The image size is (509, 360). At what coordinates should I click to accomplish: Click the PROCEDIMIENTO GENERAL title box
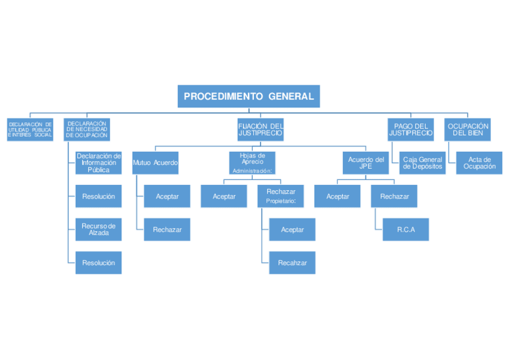(x=248, y=96)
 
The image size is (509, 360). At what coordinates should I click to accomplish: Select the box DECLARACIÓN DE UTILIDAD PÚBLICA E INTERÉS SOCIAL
(x=30, y=130)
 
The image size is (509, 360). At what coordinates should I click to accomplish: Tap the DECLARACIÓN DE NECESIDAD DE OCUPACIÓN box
(x=87, y=130)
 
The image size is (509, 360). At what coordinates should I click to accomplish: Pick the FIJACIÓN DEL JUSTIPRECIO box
(x=261, y=130)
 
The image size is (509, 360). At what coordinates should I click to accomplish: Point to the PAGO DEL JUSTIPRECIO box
(x=411, y=130)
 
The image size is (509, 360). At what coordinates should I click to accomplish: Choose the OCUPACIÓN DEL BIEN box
(x=468, y=130)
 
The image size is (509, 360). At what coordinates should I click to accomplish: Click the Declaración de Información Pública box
(x=98, y=163)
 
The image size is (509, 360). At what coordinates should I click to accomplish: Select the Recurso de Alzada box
(x=98, y=229)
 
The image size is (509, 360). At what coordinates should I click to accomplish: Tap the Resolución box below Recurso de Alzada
(x=98, y=263)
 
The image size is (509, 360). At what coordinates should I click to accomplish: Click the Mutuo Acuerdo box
(x=155, y=163)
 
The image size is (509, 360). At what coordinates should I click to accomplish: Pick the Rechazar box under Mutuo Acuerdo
(x=167, y=229)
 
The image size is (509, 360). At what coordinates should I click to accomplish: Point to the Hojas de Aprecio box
(x=252, y=163)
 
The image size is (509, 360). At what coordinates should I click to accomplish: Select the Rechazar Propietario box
(x=280, y=196)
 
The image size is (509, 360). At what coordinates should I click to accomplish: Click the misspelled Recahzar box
(x=292, y=263)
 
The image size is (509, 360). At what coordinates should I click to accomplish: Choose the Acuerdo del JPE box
(x=366, y=163)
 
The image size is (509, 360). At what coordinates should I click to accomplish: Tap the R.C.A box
(x=406, y=229)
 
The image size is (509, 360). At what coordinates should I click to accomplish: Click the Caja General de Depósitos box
(x=423, y=163)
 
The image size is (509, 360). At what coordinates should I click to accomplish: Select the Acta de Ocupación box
(x=480, y=163)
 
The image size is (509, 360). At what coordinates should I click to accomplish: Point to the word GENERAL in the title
(x=291, y=96)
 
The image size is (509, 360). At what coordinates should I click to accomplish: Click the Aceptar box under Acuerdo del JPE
(x=337, y=196)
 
